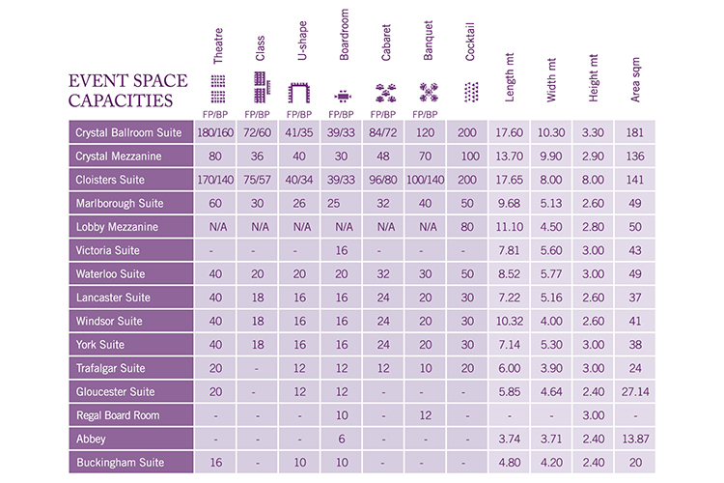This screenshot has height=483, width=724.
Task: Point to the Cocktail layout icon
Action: click(470, 93)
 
